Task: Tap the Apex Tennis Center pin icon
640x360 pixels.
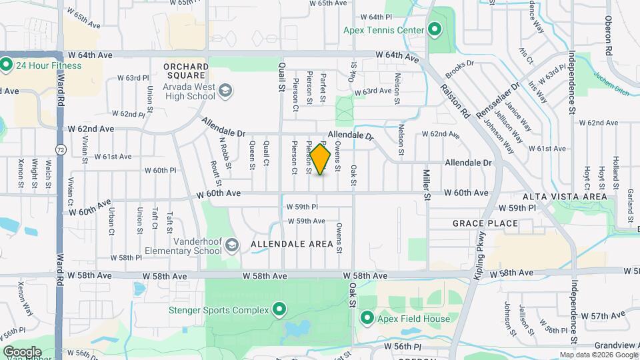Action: click(x=435, y=29)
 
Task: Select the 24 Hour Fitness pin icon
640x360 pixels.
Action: click(x=7, y=65)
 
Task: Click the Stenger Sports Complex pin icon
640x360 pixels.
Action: click(x=279, y=309)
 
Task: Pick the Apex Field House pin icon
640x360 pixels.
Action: click(x=367, y=318)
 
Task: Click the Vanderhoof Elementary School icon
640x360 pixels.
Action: click(x=231, y=245)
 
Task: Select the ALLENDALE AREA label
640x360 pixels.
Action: click(x=291, y=245)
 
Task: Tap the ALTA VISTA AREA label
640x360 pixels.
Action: click(x=564, y=197)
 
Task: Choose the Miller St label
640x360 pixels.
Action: click(x=427, y=183)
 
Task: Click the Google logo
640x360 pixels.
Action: click(x=21, y=351)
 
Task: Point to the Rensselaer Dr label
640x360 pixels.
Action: click(x=495, y=87)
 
